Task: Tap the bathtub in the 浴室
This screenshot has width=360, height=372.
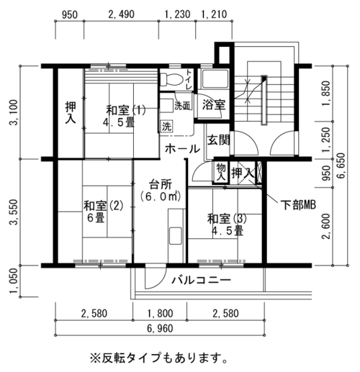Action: pos(215,79)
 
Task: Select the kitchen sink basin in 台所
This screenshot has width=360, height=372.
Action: pos(176,236)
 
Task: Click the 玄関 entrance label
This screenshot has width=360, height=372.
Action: pos(218,140)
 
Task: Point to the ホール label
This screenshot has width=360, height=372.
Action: pos(182,149)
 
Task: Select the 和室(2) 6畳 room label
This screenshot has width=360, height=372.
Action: pos(103,212)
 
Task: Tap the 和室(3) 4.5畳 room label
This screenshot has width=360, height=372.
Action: pos(227,224)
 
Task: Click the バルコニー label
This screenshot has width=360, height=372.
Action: pos(201,280)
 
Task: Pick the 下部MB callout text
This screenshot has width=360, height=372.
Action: pos(298,205)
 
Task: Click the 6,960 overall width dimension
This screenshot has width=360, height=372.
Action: pos(160,328)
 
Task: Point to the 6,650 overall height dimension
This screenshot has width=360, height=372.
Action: pos(341,165)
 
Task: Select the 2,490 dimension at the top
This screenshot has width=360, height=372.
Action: pos(121,14)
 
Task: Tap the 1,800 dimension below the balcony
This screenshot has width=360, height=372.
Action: pos(160,314)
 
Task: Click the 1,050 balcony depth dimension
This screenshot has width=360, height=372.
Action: pos(14,281)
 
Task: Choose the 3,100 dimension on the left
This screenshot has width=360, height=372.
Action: pos(14,113)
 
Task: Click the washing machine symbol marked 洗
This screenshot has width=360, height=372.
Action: pos(166,126)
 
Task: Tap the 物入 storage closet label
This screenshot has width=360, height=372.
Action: pos(221,172)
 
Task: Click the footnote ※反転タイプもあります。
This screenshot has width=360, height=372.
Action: pos(158,358)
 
